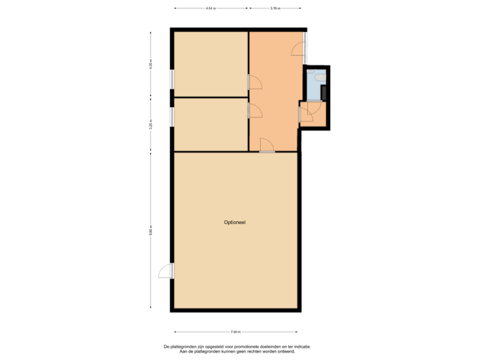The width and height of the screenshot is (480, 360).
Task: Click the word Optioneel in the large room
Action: [x=235, y=222]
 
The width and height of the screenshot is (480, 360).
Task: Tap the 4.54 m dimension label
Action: [x=211, y=9]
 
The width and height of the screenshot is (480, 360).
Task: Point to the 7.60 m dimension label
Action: [x=235, y=331]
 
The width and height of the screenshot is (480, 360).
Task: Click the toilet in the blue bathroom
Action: [x=322, y=78]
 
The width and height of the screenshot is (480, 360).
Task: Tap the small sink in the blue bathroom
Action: [x=310, y=71]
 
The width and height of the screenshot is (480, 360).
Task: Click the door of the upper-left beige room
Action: [x=254, y=82]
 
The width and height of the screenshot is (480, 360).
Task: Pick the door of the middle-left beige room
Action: [x=254, y=110]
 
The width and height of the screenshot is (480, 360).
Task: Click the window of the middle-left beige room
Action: [x=172, y=117]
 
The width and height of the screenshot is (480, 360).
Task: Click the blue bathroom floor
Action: [x=314, y=87]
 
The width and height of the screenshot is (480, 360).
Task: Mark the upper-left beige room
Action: [x=211, y=64]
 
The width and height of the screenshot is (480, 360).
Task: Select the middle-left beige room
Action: [x=211, y=125]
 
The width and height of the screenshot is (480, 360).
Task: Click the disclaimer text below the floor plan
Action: [x=237, y=349]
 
